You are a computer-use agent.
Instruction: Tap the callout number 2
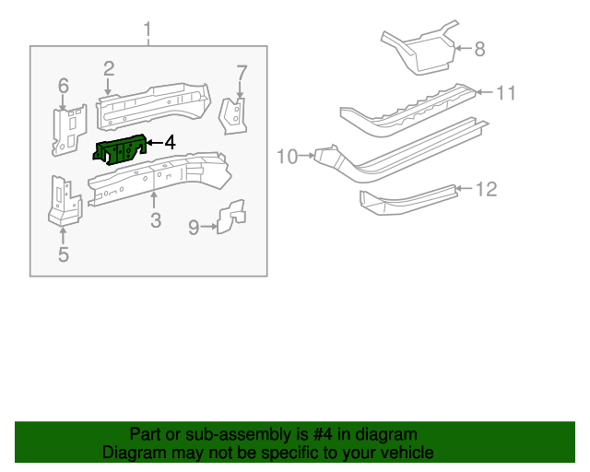109,68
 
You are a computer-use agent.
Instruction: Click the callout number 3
155,220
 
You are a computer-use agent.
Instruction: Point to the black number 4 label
170,143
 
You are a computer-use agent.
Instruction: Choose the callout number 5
63,254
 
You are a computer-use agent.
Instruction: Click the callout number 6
64,86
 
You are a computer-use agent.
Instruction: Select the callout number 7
242,73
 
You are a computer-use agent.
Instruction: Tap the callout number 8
479,49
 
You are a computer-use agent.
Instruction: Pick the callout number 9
194,227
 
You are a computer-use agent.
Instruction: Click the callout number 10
287,157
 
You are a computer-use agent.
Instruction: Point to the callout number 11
506,92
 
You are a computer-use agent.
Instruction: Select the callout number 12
486,189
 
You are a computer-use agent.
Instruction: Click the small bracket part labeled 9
230,217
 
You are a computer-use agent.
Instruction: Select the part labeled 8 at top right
419,51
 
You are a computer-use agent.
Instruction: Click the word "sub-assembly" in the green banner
240,434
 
